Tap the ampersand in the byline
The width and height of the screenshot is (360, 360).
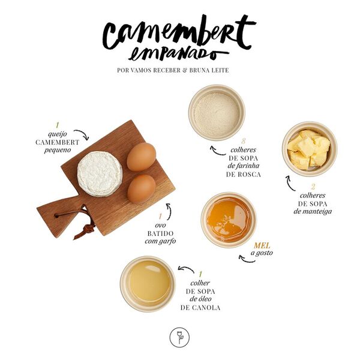pos(183,70)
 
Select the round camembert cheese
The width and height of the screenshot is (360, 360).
pos(100,173)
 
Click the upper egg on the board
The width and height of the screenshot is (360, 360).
pos(142,157)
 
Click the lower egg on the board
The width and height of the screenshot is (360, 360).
pos(142,188)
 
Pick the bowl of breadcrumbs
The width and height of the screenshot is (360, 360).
pos(217,112)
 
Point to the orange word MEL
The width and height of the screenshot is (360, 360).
pos(262,245)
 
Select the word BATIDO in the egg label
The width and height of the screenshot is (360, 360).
pos(160,232)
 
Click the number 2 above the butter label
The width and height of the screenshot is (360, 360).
pos(312,186)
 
